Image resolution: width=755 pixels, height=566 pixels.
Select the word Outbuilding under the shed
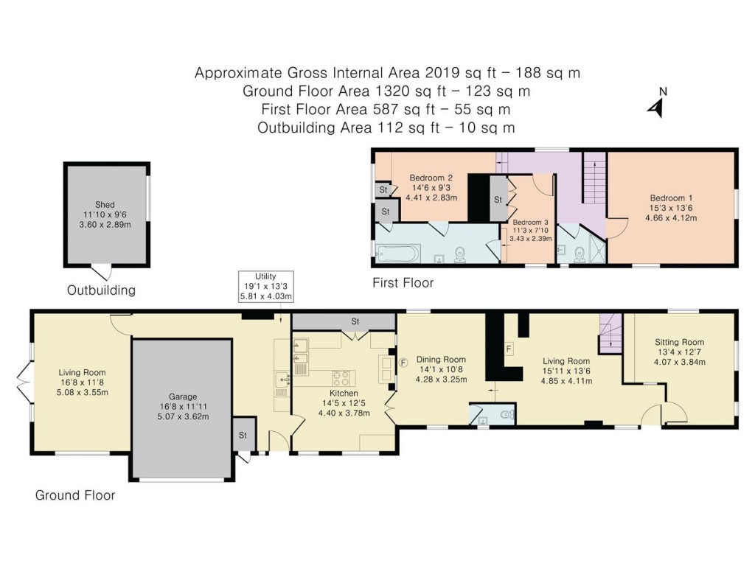(x=101, y=290)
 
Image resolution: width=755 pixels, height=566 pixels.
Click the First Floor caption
(x=403, y=282)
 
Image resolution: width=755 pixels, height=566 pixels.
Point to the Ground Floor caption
(x=75, y=495)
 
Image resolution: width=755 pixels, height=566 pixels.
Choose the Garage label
(x=182, y=396)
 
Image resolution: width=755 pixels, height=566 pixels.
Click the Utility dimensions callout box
(x=265, y=286)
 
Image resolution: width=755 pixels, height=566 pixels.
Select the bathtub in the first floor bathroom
(x=397, y=254)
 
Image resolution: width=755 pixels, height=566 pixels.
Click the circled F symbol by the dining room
(x=403, y=363)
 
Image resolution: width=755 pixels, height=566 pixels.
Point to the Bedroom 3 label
(x=531, y=222)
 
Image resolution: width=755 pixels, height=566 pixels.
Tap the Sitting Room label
(x=679, y=342)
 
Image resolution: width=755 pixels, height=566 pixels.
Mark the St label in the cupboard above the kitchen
(x=355, y=321)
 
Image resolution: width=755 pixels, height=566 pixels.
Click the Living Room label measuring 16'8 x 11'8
(x=82, y=372)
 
